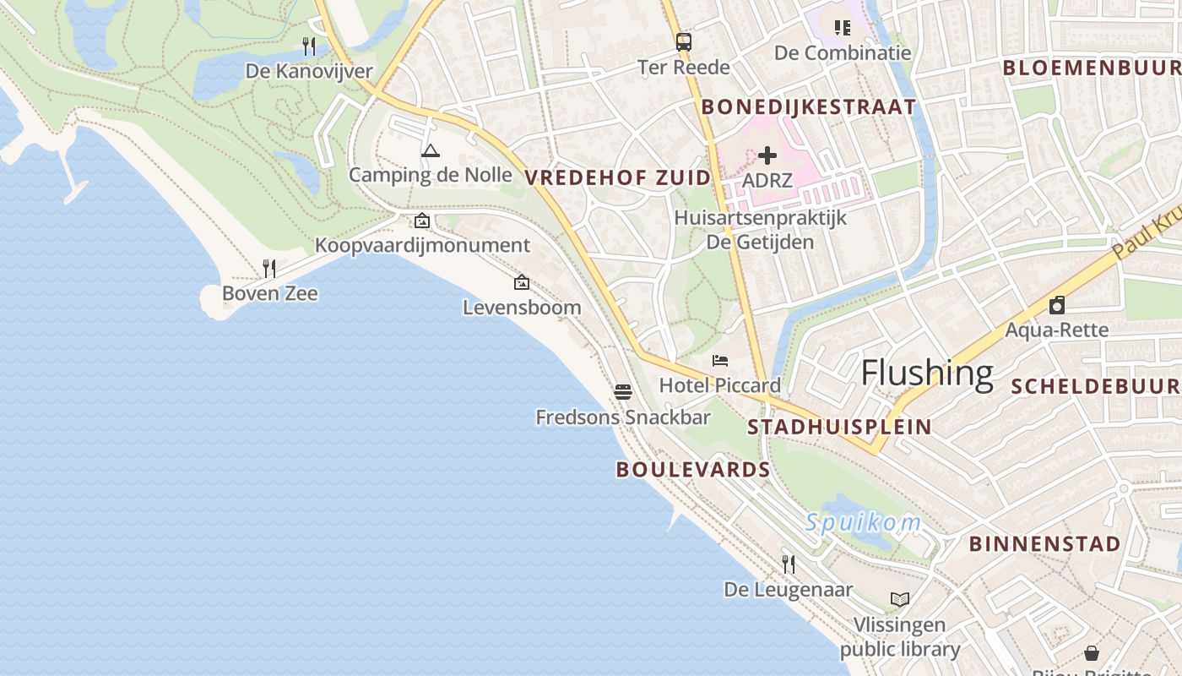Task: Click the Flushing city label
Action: pos(926,373)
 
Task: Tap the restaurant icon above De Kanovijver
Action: pos(309,46)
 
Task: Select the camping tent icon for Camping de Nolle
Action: pos(431,151)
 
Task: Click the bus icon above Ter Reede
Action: pos(683,41)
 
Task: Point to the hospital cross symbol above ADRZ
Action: pos(767,155)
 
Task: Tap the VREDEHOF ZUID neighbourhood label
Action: pos(618,177)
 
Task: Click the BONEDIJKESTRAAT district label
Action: pos(809,106)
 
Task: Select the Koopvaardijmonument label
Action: pos(422,245)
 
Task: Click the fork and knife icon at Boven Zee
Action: pos(269,269)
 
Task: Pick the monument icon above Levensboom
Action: pos(522,282)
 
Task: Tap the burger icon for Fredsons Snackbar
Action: pos(623,391)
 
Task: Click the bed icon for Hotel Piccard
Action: pos(720,361)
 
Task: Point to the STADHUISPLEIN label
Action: pos(839,427)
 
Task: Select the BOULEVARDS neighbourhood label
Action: pos(693,470)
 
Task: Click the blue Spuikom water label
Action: pos(863,523)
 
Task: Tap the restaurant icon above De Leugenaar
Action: pos(789,564)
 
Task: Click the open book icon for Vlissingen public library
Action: pos(900,599)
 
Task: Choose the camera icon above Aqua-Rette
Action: pos(1056,305)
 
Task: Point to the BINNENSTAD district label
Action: pos(1044,543)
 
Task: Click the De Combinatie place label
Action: pos(843,53)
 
